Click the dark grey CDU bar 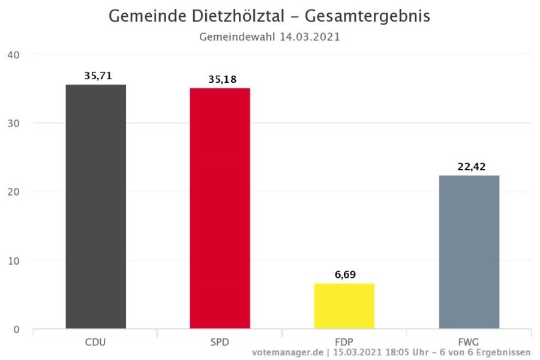[x=95, y=207]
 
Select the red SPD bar [x=220, y=209]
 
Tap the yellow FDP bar [x=344, y=306]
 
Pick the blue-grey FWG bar [x=469, y=252]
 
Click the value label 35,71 [x=98, y=76]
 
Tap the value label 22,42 [x=471, y=167]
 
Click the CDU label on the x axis [x=95, y=342]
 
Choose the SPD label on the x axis [x=220, y=342]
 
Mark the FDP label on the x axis [x=344, y=342]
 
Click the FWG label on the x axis [x=469, y=342]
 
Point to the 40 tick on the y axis [x=14, y=55]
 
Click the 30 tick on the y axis [x=14, y=124]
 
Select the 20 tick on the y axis [x=14, y=192]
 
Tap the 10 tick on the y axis [x=14, y=261]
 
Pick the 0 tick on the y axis [x=17, y=329]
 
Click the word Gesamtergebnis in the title [x=367, y=16]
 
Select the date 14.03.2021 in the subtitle [x=310, y=37]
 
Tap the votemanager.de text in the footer [x=289, y=352]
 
